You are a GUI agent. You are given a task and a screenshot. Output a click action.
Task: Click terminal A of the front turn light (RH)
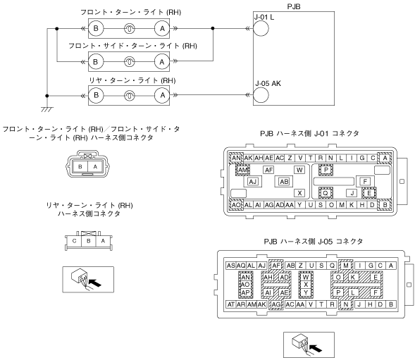162,28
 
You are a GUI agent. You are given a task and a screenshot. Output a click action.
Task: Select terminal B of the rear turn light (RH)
96,95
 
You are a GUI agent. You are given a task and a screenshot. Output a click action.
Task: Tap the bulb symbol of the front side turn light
129,62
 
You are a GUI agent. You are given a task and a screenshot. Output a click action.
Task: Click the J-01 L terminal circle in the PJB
261,28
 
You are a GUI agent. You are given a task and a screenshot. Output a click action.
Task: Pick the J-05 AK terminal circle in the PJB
261,95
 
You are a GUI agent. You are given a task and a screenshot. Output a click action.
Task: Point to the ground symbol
47,109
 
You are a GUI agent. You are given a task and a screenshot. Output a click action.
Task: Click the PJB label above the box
294,6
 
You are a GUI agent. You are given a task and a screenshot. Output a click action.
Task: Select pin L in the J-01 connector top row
341,158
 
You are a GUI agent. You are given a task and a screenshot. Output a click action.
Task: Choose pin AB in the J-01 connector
284,182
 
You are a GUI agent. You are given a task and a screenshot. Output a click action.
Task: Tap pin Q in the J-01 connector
326,193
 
